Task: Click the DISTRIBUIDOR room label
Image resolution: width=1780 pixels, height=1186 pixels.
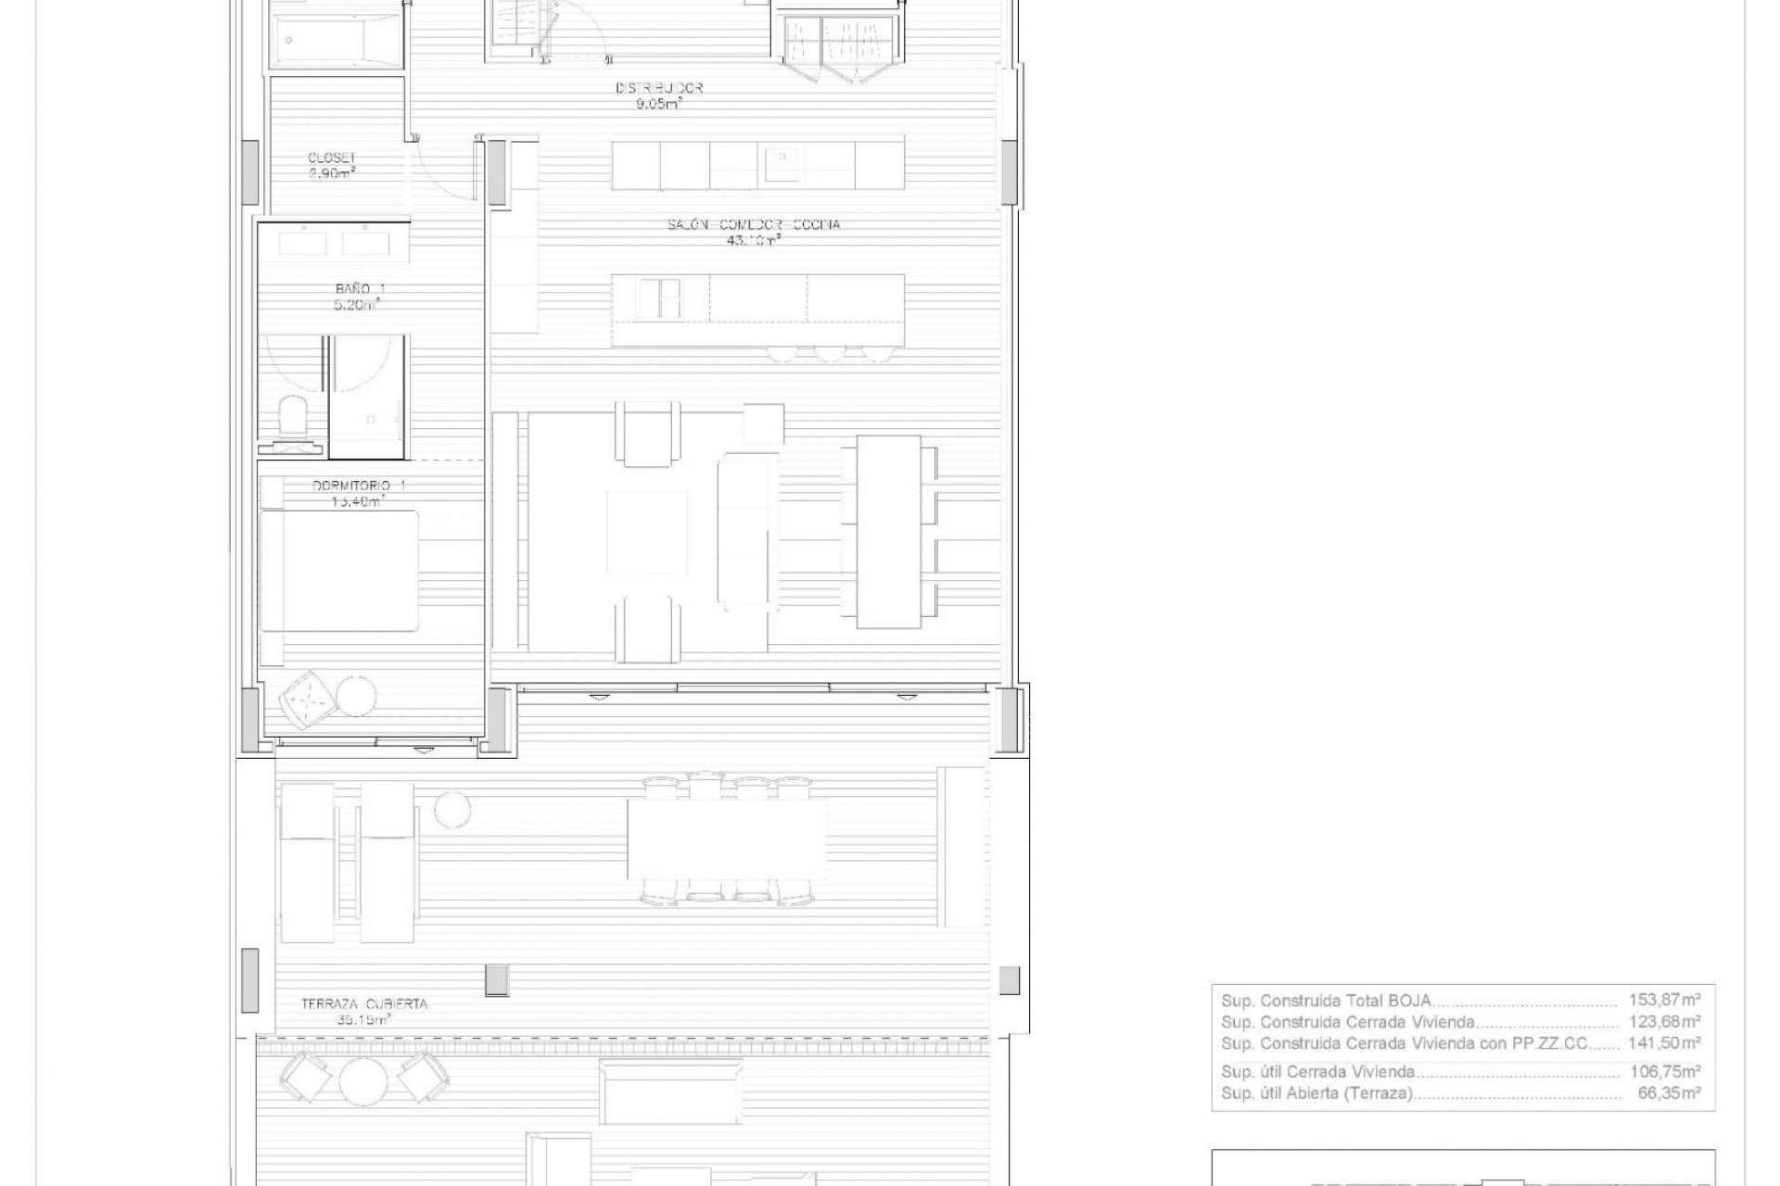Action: click(659, 88)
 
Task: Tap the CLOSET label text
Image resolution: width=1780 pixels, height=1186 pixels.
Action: click(332, 158)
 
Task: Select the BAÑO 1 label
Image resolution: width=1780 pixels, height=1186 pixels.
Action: click(360, 289)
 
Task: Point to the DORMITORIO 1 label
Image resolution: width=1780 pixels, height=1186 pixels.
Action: click(359, 486)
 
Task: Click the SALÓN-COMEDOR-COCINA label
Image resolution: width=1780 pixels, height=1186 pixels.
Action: click(754, 224)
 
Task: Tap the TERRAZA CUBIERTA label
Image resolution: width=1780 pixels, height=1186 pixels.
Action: click(363, 1003)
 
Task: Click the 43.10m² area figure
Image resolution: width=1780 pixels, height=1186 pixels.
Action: click(754, 241)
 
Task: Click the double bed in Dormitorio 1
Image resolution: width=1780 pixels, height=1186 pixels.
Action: click(339, 571)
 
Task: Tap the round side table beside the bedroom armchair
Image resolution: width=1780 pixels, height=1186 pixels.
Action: click(356, 696)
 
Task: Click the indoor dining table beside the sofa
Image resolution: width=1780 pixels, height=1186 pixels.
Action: click(888, 532)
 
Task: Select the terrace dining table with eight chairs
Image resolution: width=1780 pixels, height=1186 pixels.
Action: click(727, 839)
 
